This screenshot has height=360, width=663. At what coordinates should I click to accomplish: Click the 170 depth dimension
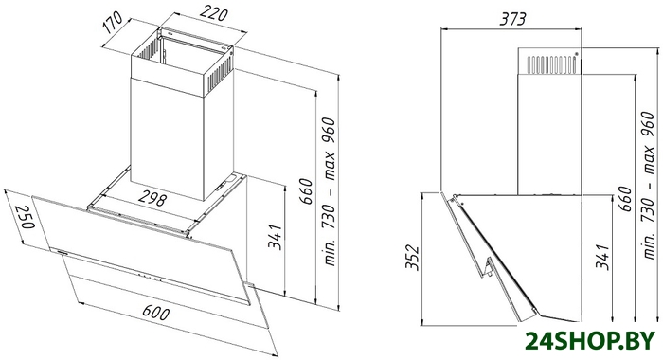point(113,23)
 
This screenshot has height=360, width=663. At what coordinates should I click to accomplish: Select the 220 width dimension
point(214,13)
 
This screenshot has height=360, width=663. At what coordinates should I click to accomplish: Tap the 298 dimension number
point(152,199)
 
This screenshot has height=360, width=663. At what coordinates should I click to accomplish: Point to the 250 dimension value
point(25,217)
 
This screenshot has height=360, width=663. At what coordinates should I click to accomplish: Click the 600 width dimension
point(155,313)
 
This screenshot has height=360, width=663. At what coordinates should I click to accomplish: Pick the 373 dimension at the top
point(512,19)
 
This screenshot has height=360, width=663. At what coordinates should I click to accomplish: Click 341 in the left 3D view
point(275,236)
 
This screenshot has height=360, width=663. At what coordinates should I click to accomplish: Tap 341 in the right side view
point(602,256)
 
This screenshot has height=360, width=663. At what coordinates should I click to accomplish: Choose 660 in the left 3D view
point(308,191)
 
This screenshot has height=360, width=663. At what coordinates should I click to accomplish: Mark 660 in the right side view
point(625,199)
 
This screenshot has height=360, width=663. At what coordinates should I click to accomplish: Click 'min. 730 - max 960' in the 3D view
point(329,190)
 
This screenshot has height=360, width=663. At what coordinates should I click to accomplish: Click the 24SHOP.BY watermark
point(590,340)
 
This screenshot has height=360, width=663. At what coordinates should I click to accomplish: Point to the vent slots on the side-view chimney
point(551,63)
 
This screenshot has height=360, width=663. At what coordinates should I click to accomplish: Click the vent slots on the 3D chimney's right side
point(220,72)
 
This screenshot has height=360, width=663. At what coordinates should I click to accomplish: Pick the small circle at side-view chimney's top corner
point(576,54)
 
